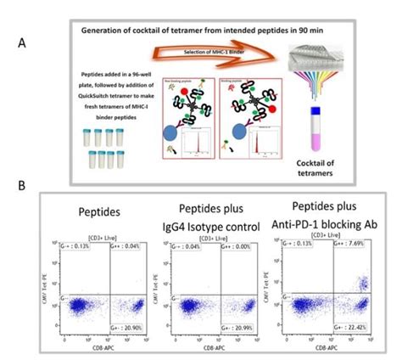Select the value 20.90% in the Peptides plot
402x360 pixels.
pos(129,328)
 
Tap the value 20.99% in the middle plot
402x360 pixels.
pos(241,328)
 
